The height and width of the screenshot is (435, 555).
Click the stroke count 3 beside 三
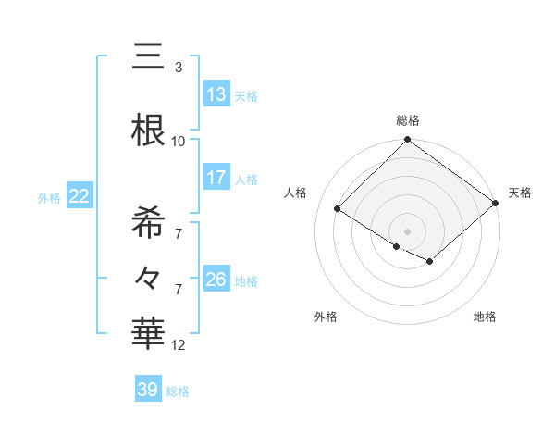pyautogui.click(x=178, y=68)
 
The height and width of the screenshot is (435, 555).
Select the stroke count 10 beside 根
pyautogui.click(x=179, y=142)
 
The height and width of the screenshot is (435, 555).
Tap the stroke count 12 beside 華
pyautogui.click(x=179, y=345)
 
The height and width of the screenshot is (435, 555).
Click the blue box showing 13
pyautogui.click(x=216, y=94)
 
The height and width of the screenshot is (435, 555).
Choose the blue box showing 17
pyautogui.click(x=216, y=178)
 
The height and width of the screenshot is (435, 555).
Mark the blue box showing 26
pyautogui.click(x=216, y=280)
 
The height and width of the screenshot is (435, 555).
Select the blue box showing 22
pyautogui.click(x=80, y=196)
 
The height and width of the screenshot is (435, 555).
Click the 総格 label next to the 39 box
pyautogui.click(x=178, y=391)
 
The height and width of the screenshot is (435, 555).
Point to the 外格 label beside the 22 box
pyautogui.click(x=49, y=197)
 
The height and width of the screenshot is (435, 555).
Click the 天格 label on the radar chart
pyautogui.click(x=520, y=193)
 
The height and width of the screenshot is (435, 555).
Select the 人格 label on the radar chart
pyautogui.click(x=296, y=193)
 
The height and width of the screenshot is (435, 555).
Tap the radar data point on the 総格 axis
pyautogui.click(x=407, y=140)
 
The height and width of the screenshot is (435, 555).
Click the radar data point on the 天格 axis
pyautogui.click(x=495, y=203)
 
